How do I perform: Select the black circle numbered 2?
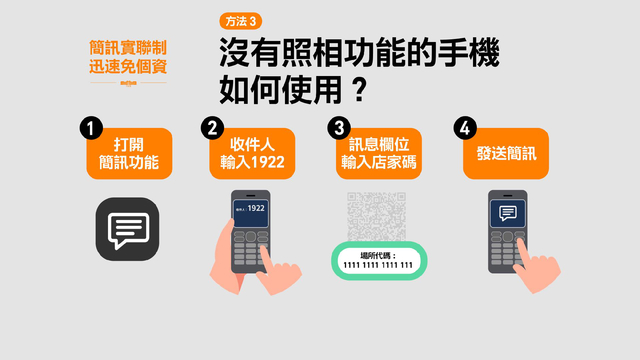tap(211, 129)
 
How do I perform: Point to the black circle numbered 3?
tap(339, 129)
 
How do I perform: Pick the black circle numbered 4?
tap(463, 129)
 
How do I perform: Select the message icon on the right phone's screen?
tap(508, 212)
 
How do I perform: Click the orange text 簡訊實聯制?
tap(127, 47)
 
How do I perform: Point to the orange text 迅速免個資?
tap(127, 68)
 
